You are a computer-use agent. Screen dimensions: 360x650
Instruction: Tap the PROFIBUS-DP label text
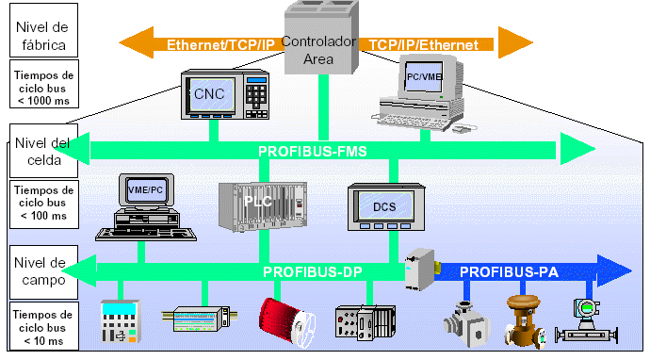[314, 272]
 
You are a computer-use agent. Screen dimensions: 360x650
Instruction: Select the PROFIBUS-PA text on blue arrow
[510, 272]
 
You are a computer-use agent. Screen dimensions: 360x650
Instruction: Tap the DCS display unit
[383, 208]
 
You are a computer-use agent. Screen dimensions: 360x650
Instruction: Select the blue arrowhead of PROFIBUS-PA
[617, 271]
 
